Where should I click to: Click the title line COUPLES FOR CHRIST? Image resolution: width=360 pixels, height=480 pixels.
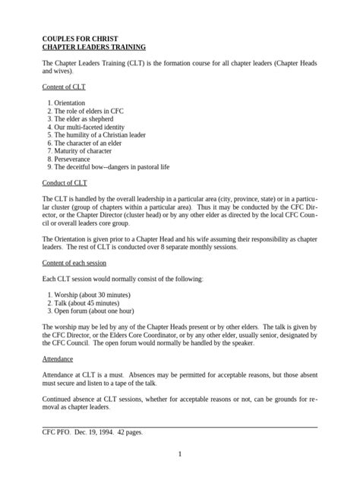pyautogui.click(x=80, y=37)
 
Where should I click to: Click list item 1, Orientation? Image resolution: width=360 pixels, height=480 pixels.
pyautogui.click(x=66, y=103)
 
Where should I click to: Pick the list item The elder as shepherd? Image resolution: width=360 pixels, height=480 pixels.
pyautogui.click(x=80, y=119)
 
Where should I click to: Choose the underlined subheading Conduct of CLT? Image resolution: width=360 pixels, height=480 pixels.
pyautogui.click(x=65, y=184)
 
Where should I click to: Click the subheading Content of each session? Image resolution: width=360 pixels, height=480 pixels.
pyautogui.click(x=79, y=263)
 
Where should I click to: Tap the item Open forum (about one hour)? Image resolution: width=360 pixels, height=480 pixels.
pyautogui.click(x=94, y=311)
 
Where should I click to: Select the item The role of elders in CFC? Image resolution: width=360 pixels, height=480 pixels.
pyautogui.click(x=86, y=111)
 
